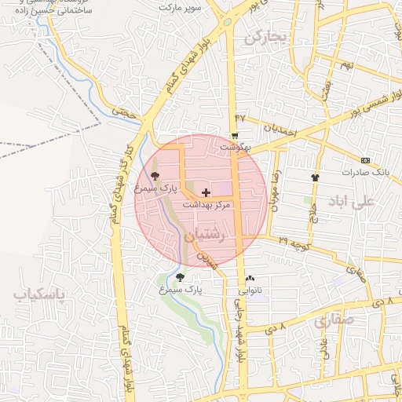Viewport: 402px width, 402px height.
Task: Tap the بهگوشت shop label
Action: click(235, 147)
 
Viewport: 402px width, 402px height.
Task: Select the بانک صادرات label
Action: click(367, 171)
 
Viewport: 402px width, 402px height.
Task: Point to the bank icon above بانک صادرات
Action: click(367, 159)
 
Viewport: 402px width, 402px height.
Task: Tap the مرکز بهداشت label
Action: click(206, 203)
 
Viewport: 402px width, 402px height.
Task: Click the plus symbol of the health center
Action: click(206, 192)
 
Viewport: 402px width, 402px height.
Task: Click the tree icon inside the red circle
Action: click(154, 176)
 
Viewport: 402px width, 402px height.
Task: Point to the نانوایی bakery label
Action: click(250, 290)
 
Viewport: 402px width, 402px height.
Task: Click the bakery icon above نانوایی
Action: click(250, 278)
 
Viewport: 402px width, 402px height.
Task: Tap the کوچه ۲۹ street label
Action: click(294, 245)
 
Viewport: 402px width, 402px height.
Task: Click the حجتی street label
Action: click(124, 114)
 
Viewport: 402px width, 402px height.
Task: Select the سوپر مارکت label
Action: click(181, 7)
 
